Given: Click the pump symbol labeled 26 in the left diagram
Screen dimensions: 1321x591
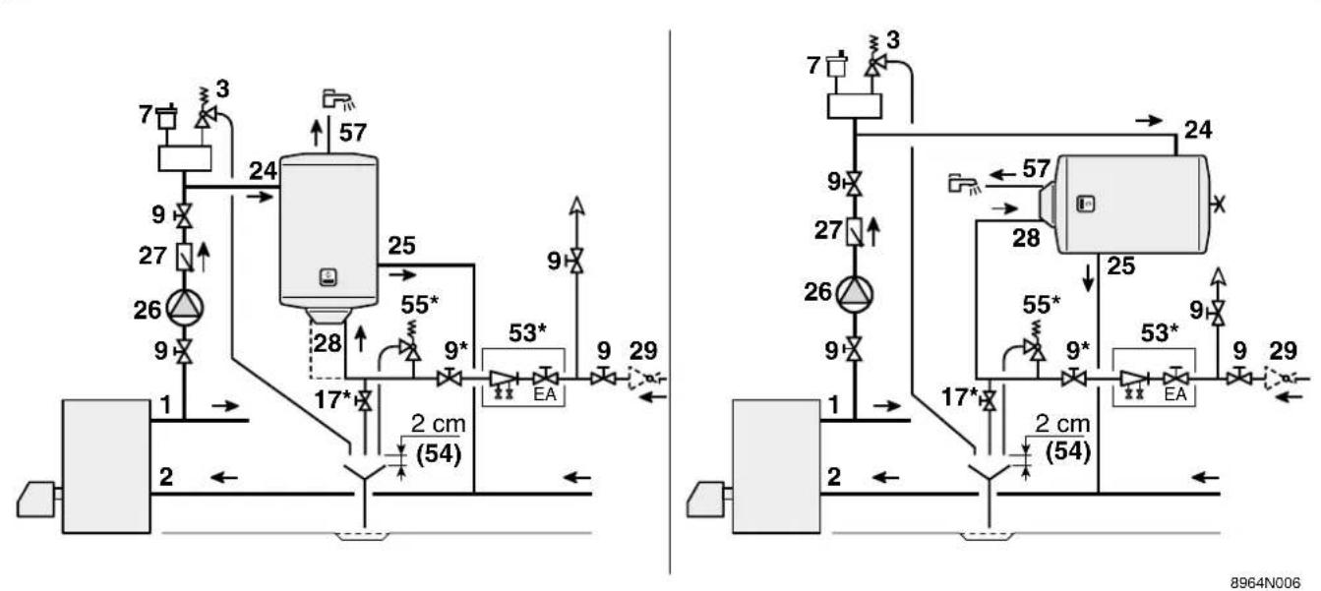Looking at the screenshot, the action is tap(185, 307).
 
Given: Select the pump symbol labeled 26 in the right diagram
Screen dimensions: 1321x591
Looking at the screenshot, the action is tap(855, 294).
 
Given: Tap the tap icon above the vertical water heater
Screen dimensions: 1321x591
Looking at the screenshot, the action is tap(338, 99).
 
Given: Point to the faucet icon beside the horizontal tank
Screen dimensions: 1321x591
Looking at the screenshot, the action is tap(964, 184).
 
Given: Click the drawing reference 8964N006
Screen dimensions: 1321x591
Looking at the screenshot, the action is tap(1265, 582).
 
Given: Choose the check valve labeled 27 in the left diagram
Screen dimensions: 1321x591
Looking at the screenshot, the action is tap(185, 257).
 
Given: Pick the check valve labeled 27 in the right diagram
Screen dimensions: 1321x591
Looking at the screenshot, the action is tap(855, 231).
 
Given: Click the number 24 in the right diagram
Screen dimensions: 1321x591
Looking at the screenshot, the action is tap(1198, 129).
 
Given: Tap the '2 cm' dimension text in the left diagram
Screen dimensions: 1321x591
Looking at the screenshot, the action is tap(438, 423).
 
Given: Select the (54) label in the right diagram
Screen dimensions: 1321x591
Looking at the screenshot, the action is tap(1068, 451).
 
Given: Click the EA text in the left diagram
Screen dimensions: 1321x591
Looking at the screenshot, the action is tap(545, 394).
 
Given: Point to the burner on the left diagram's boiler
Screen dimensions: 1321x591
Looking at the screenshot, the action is tap(37, 499).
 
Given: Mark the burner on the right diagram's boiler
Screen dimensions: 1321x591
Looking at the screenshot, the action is tap(707, 499).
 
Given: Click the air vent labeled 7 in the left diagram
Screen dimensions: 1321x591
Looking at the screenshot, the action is tap(167, 117).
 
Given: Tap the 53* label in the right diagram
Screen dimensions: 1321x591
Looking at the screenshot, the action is tap(1159, 333).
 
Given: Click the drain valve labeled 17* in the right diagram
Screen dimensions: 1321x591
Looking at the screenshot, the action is tap(990, 401).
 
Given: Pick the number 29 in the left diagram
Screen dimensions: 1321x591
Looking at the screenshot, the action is tap(643, 351).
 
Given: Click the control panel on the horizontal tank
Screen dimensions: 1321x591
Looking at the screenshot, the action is tap(1086, 204).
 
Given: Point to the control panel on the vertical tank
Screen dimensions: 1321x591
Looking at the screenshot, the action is tap(329, 276).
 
